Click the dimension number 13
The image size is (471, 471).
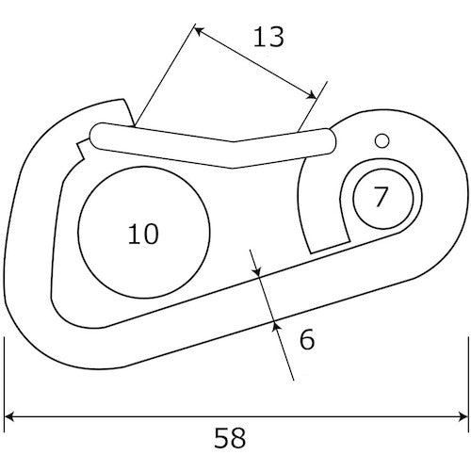click(x=268, y=38)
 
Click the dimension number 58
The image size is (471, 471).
click(x=230, y=438)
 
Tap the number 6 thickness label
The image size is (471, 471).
click(x=307, y=339)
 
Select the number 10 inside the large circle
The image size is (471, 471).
click(x=143, y=234)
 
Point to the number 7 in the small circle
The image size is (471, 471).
click(x=381, y=197)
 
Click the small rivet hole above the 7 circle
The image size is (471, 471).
click(x=382, y=141)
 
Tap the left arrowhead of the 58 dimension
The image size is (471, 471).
click(x=9, y=417)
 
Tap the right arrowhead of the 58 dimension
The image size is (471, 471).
click(x=463, y=417)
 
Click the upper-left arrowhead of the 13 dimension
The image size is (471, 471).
click(x=199, y=31)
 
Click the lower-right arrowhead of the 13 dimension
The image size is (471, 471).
click(x=312, y=94)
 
